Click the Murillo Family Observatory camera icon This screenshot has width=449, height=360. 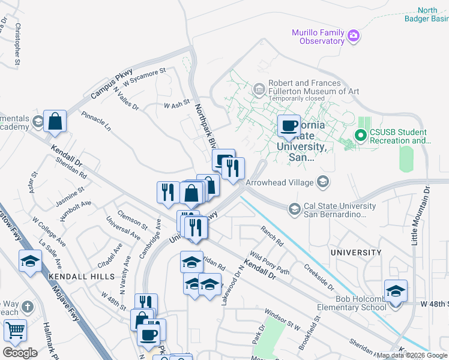(354, 37)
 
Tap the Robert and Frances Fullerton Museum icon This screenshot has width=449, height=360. (259, 91)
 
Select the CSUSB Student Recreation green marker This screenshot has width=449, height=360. (361, 136)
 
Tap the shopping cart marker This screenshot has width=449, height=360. (15, 330)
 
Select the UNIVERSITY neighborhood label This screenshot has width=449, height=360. (355, 253)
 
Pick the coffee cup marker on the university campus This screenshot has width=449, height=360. (289, 126)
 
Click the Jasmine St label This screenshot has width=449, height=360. (70, 196)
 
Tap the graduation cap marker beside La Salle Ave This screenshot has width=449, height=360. (30, 262)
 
